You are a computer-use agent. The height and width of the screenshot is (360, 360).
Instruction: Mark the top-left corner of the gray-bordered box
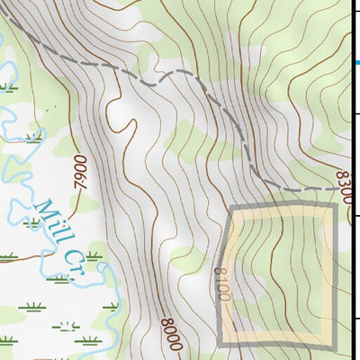pyautogui.click(x=231, y=206)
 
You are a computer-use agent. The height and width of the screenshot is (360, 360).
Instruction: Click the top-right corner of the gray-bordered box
pyautogui.click(x=335, y=206)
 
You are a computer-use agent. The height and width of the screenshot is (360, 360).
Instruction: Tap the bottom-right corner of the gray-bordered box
pyautogui.click(x=335, y=344)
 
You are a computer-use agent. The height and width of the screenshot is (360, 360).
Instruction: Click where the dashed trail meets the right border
pyautogui.click(x=350, y=190)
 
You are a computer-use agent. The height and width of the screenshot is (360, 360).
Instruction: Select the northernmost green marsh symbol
pyautogui.click(x=8, y=88)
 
